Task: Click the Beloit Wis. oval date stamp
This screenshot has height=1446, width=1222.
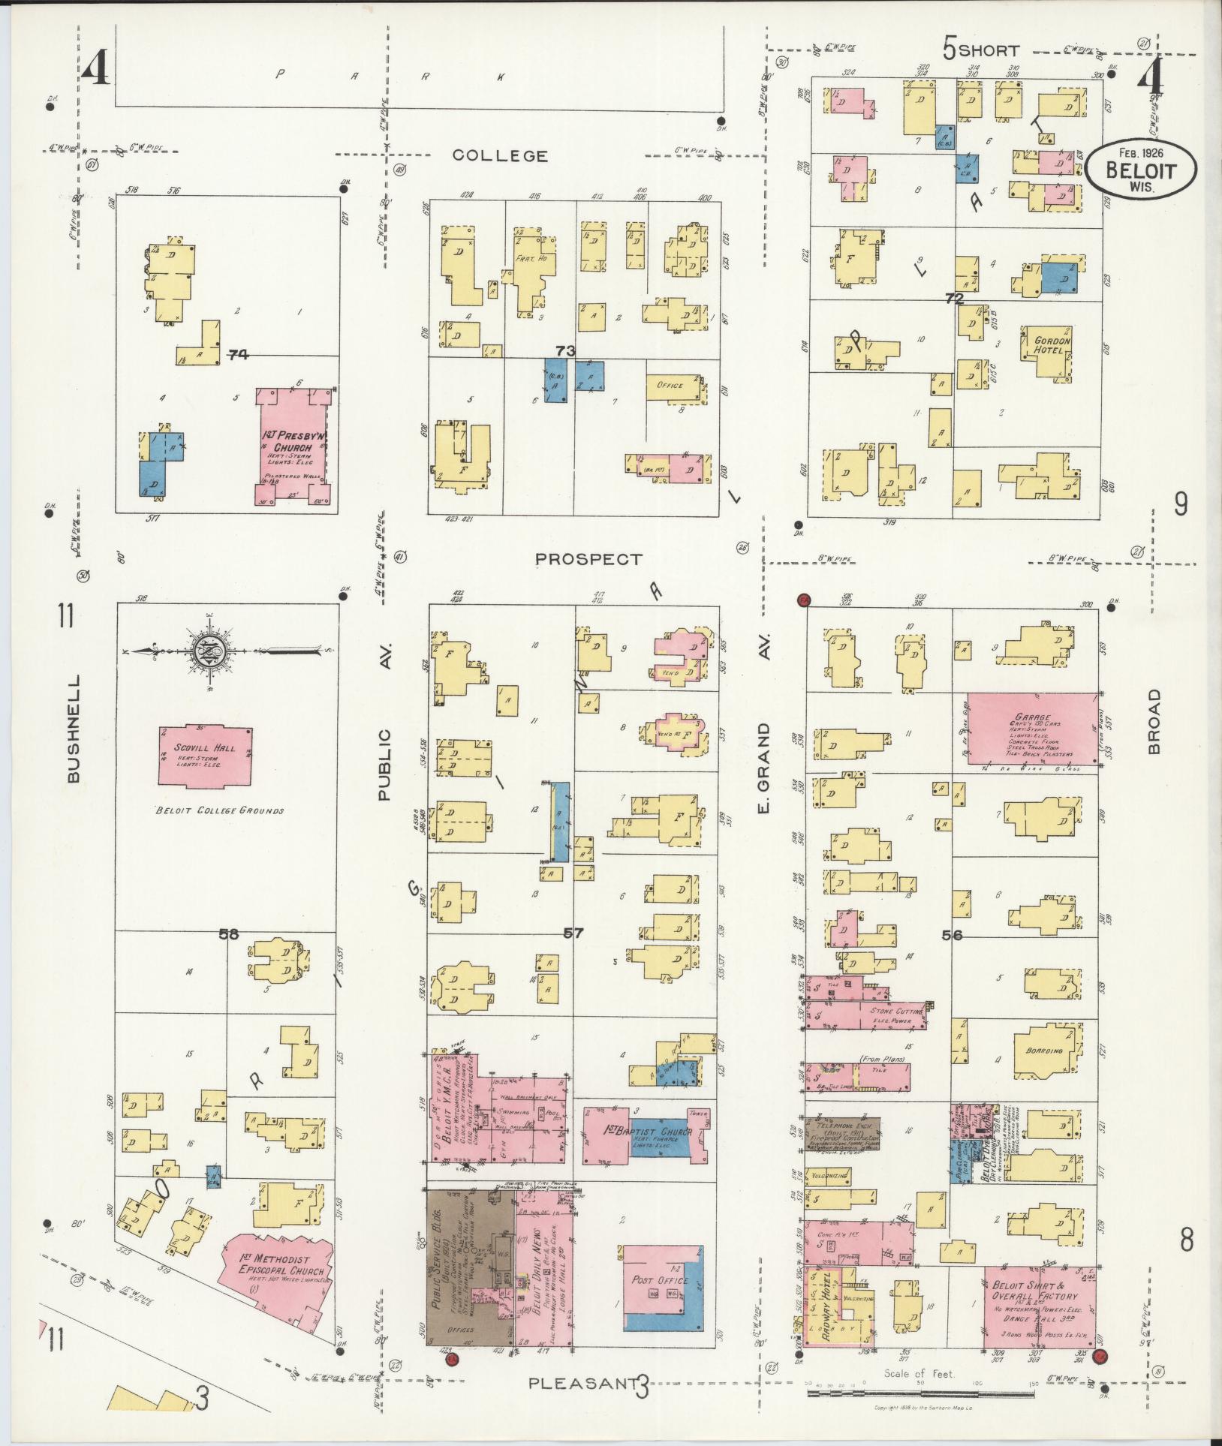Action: pyautogui.click(x=1140, y=169)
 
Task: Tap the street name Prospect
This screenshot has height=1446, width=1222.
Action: pyautogui.click(x=588, y=559)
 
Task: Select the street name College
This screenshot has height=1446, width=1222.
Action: pyautogui.click(x=500, y=155)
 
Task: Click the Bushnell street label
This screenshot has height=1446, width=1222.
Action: pyautogui.click(x=73, y=728)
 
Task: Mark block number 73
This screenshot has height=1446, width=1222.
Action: pyautogui.click(x=565, y=350)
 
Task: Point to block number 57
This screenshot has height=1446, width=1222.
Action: pyautogui.click(x=573, y=933)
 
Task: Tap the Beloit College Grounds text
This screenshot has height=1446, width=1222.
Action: pyautogui.click(x=220, y=810)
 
